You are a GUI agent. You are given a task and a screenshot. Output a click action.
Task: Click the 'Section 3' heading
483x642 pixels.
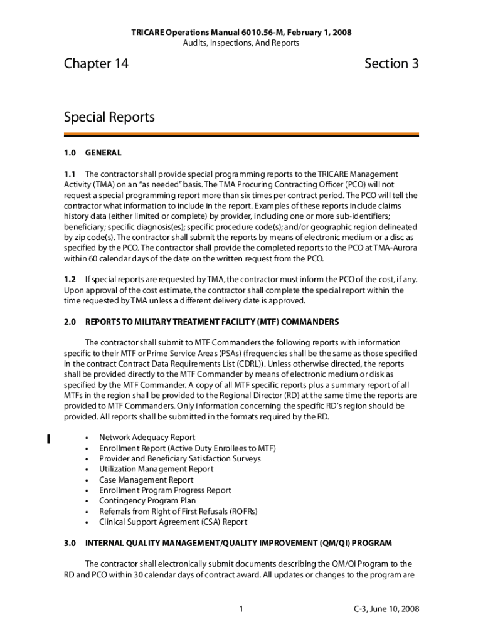click(391, 64)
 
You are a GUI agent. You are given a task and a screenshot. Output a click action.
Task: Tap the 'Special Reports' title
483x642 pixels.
click(109, 118)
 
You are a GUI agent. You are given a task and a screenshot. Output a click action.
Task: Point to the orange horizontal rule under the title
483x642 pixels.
click(242, 134)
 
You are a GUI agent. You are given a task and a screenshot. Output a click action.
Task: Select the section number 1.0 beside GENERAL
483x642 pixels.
click(70, 153)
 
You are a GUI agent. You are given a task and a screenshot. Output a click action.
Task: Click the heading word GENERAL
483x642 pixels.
click(103, 153)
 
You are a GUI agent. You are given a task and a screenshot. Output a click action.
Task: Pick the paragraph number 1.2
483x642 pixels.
click(70, 280)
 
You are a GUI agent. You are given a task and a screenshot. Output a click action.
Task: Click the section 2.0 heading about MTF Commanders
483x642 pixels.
click(212, 322)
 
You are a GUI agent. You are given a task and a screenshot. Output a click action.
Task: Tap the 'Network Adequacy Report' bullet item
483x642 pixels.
click(147, 438)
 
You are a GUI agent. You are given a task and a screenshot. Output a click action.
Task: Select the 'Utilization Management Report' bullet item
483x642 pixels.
click(156, 470)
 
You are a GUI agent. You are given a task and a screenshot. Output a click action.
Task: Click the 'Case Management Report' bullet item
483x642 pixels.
click(146, 480)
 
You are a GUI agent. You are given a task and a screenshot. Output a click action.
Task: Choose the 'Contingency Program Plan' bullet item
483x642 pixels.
click(147, 501)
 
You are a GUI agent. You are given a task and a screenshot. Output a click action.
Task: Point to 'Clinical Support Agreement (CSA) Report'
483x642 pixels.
click(173, 522)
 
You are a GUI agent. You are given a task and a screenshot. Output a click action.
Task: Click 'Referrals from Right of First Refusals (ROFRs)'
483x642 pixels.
click(178, 512)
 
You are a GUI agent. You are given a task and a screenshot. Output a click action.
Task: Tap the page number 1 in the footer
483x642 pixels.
click(242, 609)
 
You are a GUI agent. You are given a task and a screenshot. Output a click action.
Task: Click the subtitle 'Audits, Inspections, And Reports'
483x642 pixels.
click(242, 43)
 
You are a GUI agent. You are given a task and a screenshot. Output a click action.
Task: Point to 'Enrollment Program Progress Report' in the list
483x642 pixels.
click(165, 490)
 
